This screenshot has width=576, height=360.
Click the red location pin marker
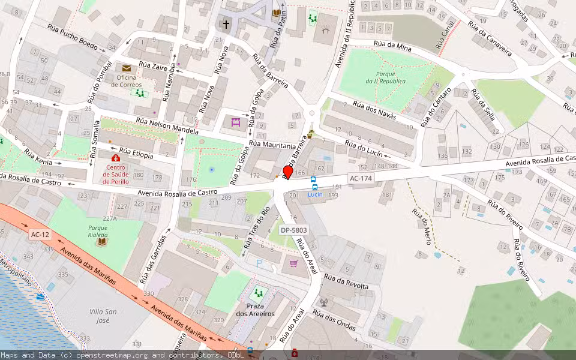tap(287, 172)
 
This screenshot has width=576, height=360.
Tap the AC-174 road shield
tap(361, 178)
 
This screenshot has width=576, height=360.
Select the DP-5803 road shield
tap(293, 230)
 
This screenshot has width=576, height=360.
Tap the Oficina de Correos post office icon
tap(127, 68)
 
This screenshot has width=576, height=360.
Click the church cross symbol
tap(226, 25)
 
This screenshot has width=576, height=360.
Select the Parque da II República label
tap(385, 77)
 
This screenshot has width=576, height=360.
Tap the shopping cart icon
tap(293, 263)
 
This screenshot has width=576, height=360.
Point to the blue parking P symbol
tap(259, 263)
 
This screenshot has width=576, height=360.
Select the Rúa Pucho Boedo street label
tap(72, 37)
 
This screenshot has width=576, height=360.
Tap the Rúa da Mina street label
tap(392, 46)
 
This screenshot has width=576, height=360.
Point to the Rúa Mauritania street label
tap(273, 145)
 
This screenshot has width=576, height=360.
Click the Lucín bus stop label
tap(315, 194)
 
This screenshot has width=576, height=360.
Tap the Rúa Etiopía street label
tap(136, 153)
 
